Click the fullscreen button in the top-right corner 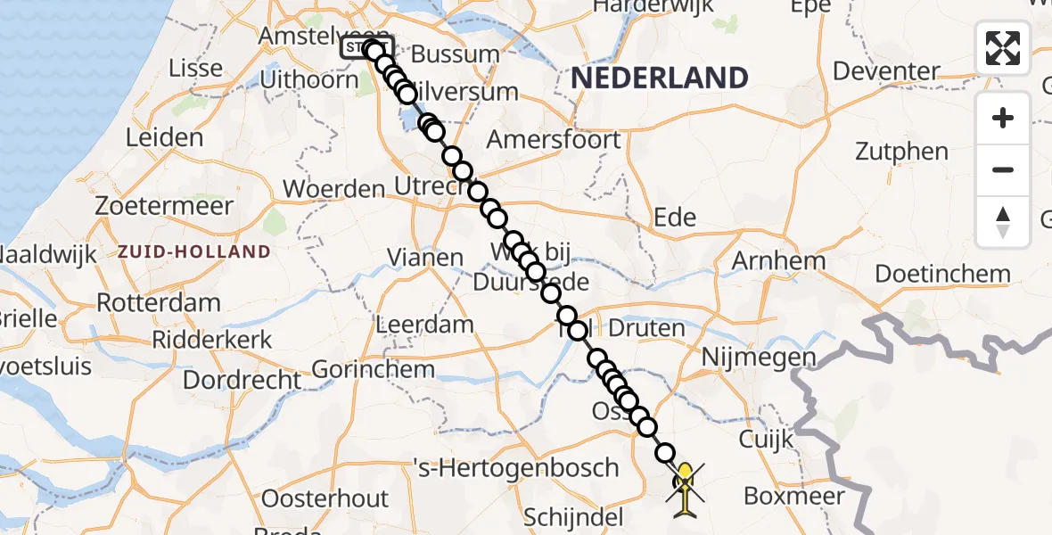pyautogui.click(x=1003, y=48)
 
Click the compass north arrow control pyautogui.click(x=1003, y=221)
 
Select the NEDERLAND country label pyautogui.click(x=659, y=78)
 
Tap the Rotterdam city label pyautogui.click(x=158, y=302)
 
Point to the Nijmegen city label pyautogui.click(x=759, y=358)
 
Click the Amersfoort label pyautogui.click(x=554, y=140)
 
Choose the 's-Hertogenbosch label pyautogui.click(x=515, y=467)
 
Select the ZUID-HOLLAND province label pyautogui.click(x=193, y=252)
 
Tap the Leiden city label pyautogui.click(x=164, y=137)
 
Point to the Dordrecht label pyautogui.click(x=242, y=380)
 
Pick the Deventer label pyautogui.click(x=886, y=70)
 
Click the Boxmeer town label pyautogui.click(x=788, y=496)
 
